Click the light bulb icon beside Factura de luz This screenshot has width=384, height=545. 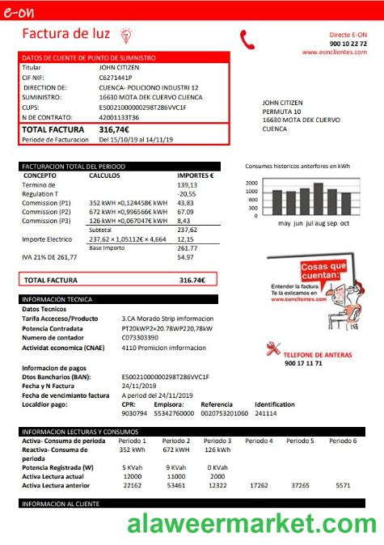(124, 34)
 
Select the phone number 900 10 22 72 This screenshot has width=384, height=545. (348, 43)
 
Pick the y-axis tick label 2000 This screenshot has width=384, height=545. (251, 183)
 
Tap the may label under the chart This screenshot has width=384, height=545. (285, 222)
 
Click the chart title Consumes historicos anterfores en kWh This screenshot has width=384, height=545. (297, 166)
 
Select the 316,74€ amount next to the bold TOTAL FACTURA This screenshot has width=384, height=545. (114, 129)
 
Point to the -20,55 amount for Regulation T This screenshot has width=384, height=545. (187, 194)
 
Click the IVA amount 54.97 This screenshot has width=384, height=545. (186, 257)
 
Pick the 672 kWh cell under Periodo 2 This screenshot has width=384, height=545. (175, 450)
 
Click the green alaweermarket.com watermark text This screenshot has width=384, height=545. (253, 524)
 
